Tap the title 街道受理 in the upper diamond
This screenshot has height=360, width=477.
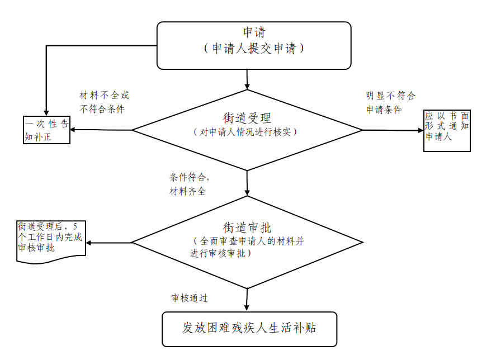[x=247, y=118]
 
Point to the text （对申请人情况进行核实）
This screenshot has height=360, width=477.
[x=247, y=132]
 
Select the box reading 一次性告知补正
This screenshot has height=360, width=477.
[x=46, y=130]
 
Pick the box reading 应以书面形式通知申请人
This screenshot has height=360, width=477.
[x=446, y=130]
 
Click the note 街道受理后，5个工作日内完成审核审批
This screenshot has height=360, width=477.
[x=50, y=238]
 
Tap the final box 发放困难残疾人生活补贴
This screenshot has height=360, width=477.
[x=249, y=328]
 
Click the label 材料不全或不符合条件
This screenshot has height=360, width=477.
[x=104, y=102]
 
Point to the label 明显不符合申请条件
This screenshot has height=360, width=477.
[x=390, y=102]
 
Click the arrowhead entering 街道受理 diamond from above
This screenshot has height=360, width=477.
[x=247, y=86]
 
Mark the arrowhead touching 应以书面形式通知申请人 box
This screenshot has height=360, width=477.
[x=420, y=130]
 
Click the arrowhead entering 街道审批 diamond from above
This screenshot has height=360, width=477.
[x=247, y=192]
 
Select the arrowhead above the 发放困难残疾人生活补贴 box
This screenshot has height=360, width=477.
[x=247, y=307]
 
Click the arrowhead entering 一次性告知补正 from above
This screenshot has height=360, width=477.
[x=46, y=113]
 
